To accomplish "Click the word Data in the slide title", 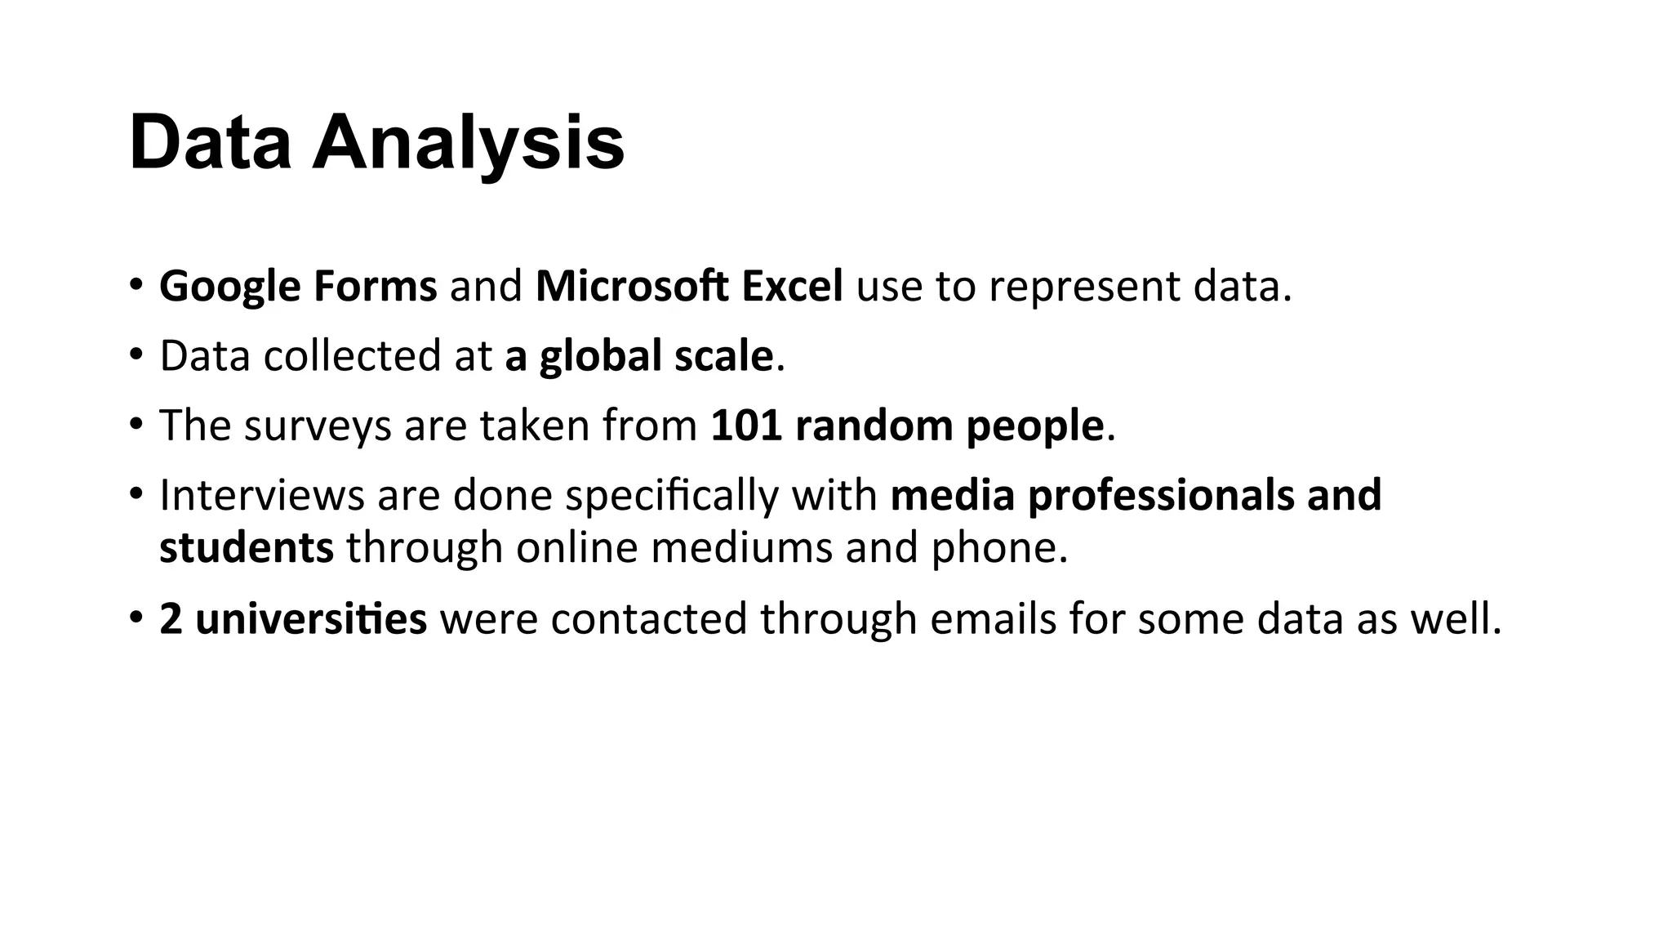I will pos(210,143).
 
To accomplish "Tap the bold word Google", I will pos(230,287).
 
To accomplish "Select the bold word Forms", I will pos(375,287).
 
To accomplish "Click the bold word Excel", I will pos(792,287).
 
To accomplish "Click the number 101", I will pos(746,426).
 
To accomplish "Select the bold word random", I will pos(874,426).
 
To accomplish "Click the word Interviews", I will pos(261,495).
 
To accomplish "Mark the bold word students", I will pos(246,547).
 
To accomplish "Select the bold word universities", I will pos(310,618).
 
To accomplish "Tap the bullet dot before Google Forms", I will pos(136,285).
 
